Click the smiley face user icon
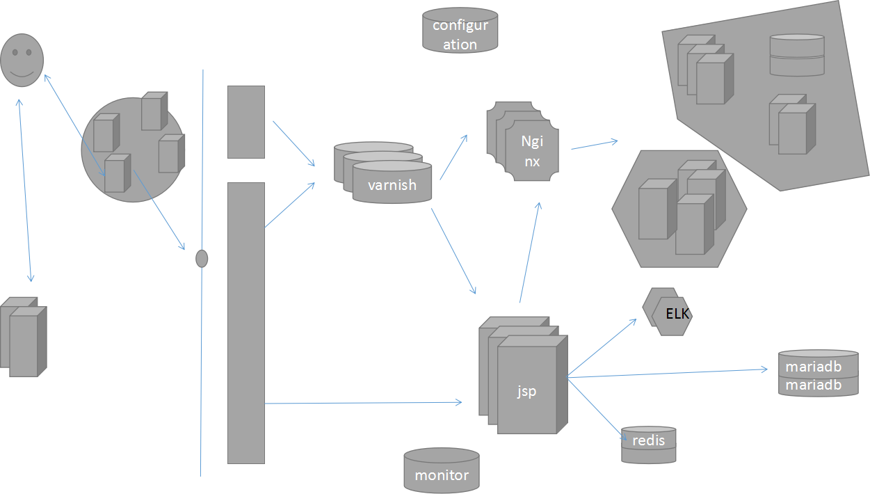[22, 61]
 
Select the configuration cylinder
[460, 30]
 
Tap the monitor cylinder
[442, 471]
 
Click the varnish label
[392, 185]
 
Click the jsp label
[526, 391]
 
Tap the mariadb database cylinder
[818, 374]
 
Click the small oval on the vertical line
[202, 259]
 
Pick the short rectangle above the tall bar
[246, 122]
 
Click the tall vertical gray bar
[246, 323]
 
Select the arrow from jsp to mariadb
[668, 374]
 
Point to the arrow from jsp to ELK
[602, 349]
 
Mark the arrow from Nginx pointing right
[594, 144]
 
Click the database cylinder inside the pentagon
[797, 55]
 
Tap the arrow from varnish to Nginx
[453, 157]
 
